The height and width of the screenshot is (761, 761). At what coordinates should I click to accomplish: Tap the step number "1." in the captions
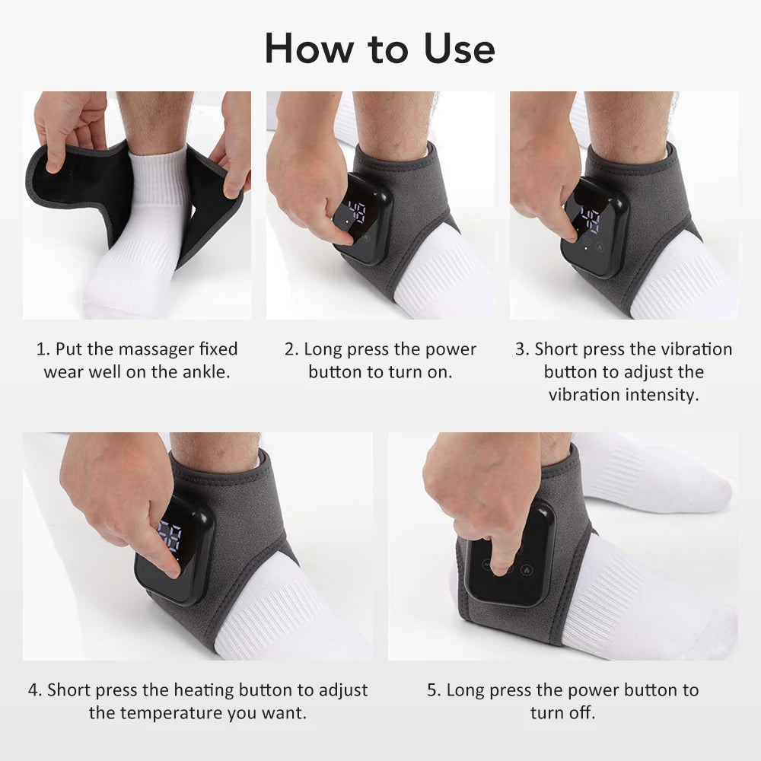point(43,349)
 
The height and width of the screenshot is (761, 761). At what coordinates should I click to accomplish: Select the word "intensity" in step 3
point(660,395)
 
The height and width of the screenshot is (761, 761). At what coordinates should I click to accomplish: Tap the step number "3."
point(522,349)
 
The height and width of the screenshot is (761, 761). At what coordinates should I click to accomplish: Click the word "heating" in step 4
point(204,690)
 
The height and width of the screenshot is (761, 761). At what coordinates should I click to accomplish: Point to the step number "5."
point(434,690)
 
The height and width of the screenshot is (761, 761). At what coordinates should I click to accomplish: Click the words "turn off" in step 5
point(562,713)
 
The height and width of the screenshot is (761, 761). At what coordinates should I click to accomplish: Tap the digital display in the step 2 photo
point(356,212)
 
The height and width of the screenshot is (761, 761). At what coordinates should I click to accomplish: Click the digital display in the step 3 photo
point(589,218)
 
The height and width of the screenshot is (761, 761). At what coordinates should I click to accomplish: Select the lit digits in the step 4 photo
point(169,537)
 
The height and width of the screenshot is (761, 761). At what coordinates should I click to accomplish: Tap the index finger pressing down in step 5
point(501,559)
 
